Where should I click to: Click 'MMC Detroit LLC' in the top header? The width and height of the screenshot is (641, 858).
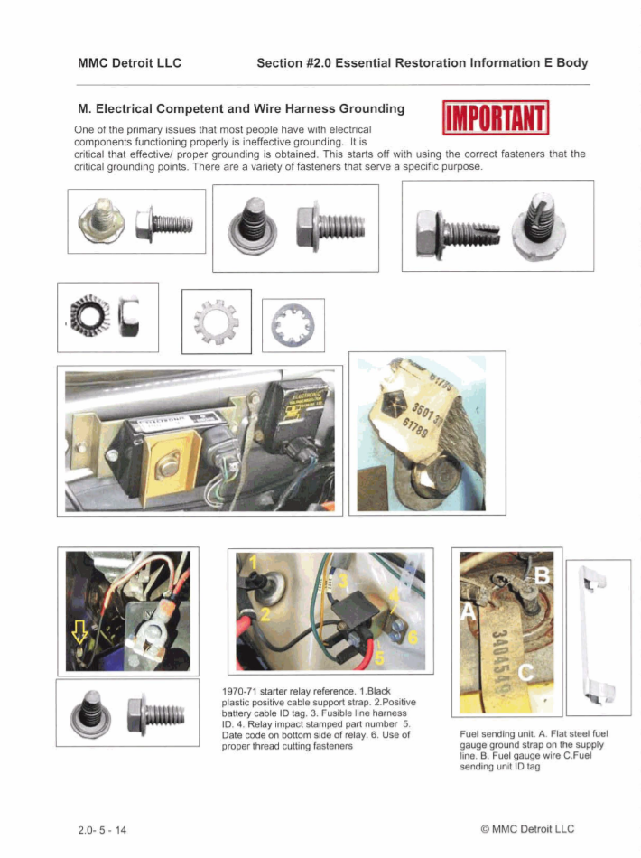pyautogui.click(x=130, y=62)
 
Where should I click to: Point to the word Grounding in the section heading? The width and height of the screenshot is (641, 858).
pyautogui.click(x=358, y=108)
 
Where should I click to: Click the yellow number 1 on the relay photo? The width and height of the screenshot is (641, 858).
pyautogui.click(x=254, y=563)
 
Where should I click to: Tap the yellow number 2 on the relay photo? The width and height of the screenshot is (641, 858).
pyautogui.click(x=265, y=616)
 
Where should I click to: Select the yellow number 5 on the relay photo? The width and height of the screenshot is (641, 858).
pyautogui.click(x=379, y=657)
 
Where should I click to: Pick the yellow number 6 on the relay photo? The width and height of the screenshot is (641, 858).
pyautogui.click(x=413, y=637)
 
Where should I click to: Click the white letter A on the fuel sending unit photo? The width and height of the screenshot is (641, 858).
pyautogui.click(x=469, y=612)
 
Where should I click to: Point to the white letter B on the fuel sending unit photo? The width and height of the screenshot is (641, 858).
pyautogui.click(x=543, y=574)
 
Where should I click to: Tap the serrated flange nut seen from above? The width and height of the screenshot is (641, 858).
pyautogui.click(x=90, y=317)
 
